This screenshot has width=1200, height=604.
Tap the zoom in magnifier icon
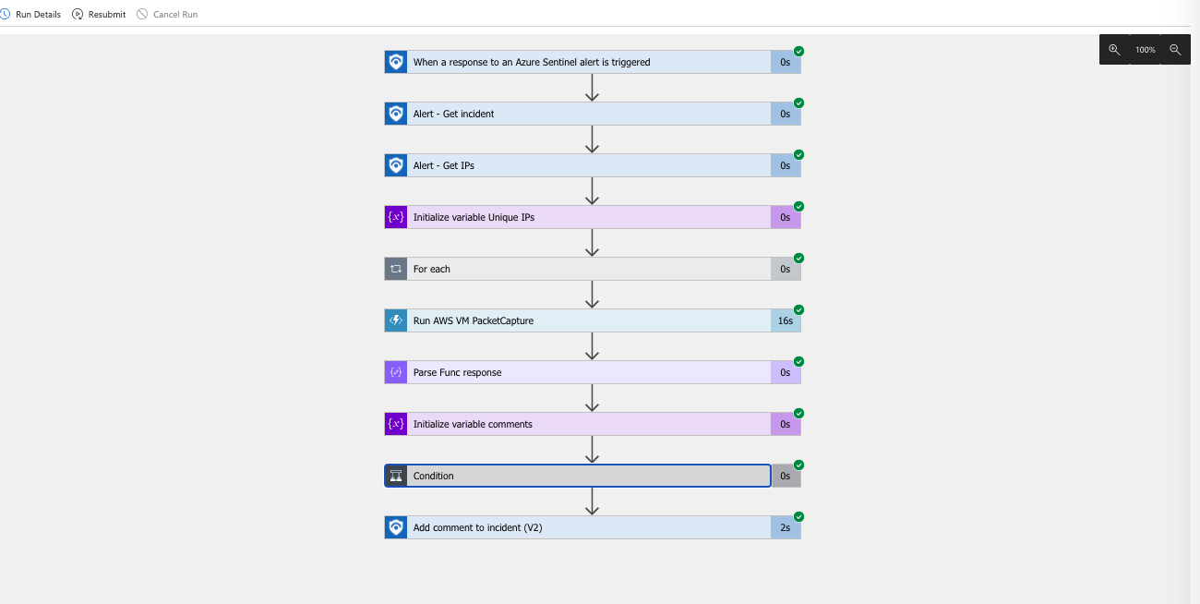(1114, 50)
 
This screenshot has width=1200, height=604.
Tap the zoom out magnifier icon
(1175, 50)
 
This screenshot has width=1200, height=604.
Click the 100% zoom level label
(1145, 50)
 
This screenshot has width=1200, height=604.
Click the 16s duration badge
(786, 320)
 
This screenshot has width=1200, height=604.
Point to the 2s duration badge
(786, 527)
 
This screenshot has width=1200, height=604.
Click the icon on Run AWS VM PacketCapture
(396, 320)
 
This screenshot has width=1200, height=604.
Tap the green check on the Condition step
(799, 465)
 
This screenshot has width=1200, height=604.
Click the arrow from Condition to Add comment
(593, 501)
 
